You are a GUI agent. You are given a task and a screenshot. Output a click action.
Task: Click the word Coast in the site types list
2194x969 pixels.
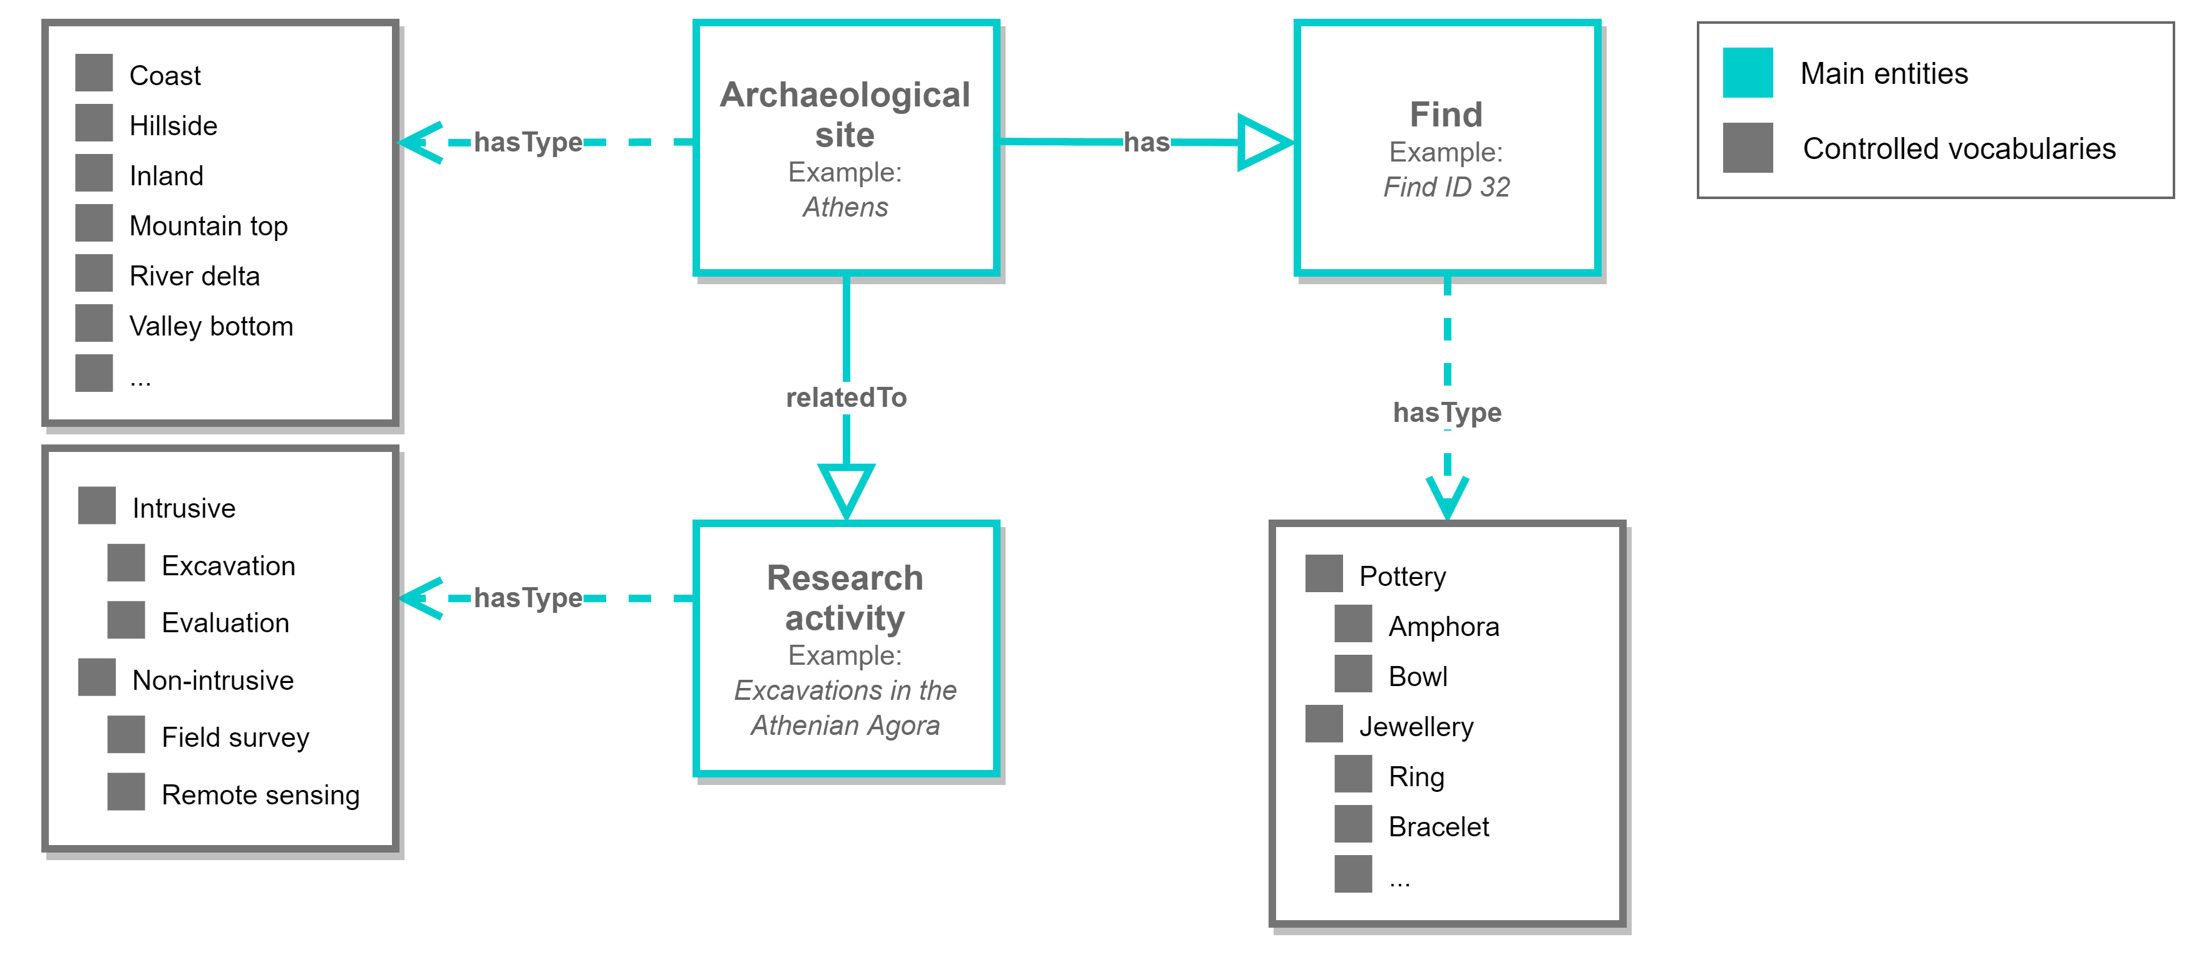165,76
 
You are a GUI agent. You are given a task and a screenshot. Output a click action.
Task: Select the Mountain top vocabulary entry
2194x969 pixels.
208,225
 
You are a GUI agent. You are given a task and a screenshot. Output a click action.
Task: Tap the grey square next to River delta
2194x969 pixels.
94,274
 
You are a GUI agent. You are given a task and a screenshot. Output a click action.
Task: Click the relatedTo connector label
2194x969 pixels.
846,397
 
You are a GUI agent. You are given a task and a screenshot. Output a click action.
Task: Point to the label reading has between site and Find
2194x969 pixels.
1146,142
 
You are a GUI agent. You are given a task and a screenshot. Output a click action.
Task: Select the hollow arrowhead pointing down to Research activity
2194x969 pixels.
846,490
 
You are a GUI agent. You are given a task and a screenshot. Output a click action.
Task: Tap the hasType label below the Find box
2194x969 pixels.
1446,413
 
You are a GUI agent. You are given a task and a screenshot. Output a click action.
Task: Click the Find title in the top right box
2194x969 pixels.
1445,114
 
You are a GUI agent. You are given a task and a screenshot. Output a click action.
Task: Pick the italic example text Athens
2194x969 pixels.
845,207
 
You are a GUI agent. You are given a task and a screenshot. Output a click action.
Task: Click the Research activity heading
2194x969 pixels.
845,598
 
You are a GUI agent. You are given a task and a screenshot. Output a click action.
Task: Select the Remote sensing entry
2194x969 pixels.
260,794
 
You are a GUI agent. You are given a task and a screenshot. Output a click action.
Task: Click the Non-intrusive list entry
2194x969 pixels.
212,680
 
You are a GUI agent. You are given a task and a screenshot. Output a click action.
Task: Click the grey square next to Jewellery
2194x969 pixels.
1324,724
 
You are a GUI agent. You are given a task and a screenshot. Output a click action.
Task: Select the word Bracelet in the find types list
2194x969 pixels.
1438,827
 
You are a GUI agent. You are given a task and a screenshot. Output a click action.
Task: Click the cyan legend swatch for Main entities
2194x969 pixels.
1747,73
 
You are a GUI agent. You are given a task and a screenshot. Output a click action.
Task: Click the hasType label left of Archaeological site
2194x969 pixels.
528,142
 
